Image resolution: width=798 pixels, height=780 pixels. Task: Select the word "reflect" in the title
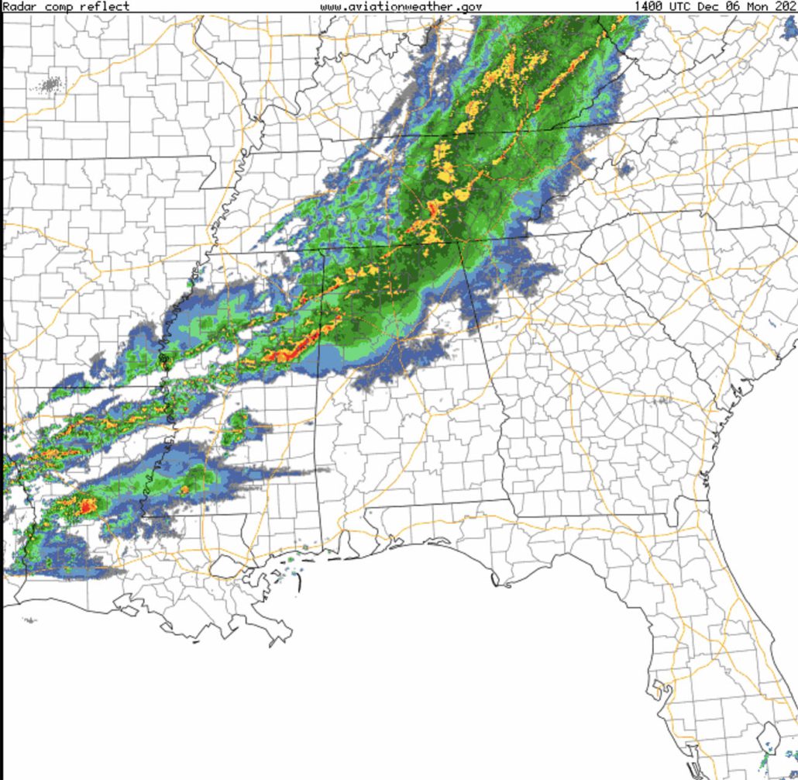pos(105,6)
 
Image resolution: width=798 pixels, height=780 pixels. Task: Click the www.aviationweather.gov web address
pos(401,6)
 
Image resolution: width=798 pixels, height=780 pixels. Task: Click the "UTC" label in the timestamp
pos(682,6)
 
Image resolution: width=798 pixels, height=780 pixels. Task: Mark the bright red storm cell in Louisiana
pos(86,506)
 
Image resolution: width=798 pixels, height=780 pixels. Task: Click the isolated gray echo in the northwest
pos(51,84)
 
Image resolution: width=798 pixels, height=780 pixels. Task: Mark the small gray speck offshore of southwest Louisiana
pos(29,620)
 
